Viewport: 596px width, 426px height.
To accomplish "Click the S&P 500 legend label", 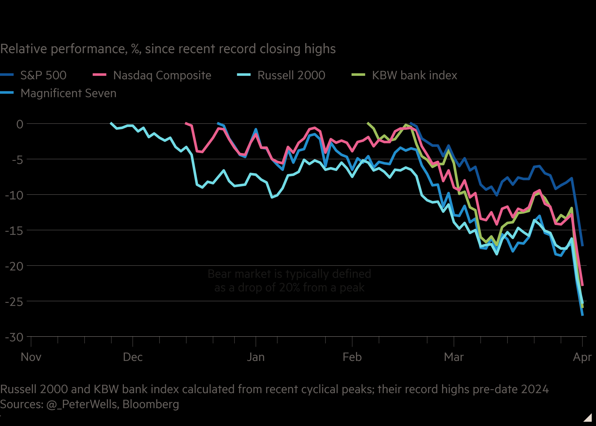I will [43, 75].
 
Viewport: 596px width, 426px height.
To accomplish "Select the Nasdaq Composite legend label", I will [162, 75].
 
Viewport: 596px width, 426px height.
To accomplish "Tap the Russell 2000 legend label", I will [291, 75].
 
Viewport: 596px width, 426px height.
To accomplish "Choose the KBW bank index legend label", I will [414, 75].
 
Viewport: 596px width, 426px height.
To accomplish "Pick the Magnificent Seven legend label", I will [68, 93].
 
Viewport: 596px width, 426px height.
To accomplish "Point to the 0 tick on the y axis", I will [20, 124].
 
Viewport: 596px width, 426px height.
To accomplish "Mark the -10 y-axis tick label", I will [15, 195].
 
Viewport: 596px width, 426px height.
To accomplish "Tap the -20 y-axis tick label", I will [15, 266].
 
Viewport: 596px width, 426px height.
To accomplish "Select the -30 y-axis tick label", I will [15, 337].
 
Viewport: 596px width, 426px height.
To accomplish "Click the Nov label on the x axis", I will [31, 357].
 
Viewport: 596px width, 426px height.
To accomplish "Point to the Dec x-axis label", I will [133, 357].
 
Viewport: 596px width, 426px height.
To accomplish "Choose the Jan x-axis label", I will [256, 357].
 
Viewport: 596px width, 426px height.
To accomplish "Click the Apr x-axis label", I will [582, 357].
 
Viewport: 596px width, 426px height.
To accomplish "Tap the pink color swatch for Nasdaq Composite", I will [100, 75].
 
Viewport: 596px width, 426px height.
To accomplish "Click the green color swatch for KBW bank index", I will [358, 75].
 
